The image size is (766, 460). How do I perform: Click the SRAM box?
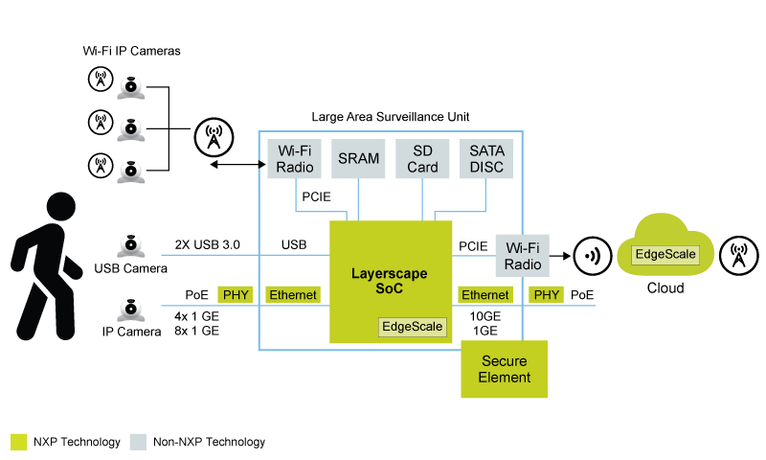tap(359, 159)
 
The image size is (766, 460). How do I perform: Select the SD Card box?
tap(422, 159)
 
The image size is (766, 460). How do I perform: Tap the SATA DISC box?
tap(486, 159)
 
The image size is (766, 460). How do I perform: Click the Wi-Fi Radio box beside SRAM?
tap(295, 159)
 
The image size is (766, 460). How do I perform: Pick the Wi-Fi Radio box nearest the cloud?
tap(522, 256)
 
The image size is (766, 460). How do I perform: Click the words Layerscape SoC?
tap(390, 281)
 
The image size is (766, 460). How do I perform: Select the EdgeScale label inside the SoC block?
tap(413, 327)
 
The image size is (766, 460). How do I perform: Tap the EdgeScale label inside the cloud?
tap(665, 256)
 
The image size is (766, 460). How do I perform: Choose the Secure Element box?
tap(505, 369)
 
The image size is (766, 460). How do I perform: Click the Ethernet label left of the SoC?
tap(293, 295)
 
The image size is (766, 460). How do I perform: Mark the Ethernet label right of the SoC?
tap(484, 295)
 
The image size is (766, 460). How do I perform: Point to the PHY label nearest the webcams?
tap(236, 295)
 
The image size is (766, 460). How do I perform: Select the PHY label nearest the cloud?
tap(546, 295)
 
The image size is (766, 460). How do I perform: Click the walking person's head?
tap(60, 207)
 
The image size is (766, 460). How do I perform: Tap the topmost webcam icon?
tap(131, 88)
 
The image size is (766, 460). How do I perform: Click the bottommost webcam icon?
tap(131, 310)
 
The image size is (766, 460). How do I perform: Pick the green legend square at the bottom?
tap(19, 442)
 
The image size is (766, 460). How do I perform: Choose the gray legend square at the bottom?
tap(138, 442)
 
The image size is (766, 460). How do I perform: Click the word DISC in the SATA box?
tap(486, 168)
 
